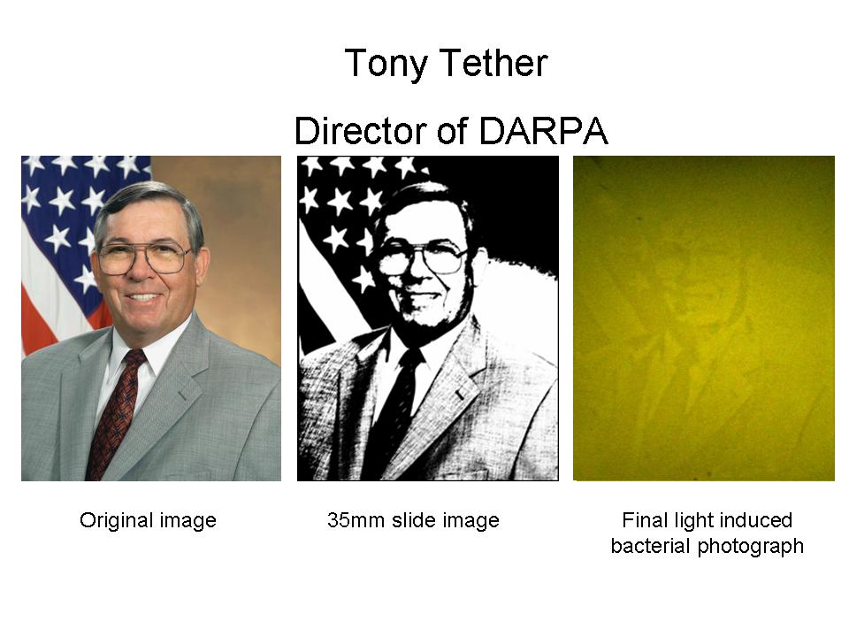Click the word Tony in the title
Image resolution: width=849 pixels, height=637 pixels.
(x=386, y=65)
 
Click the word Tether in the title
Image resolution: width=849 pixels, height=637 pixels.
(x=496, y=63)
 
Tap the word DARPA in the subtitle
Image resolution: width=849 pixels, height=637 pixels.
(x=544, y=131)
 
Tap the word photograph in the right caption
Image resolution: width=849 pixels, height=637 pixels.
(x=751, y=547)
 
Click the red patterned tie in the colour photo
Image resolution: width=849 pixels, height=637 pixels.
(x=117, y=414)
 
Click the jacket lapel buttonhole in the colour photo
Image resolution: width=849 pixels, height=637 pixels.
(x=182, y=395)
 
